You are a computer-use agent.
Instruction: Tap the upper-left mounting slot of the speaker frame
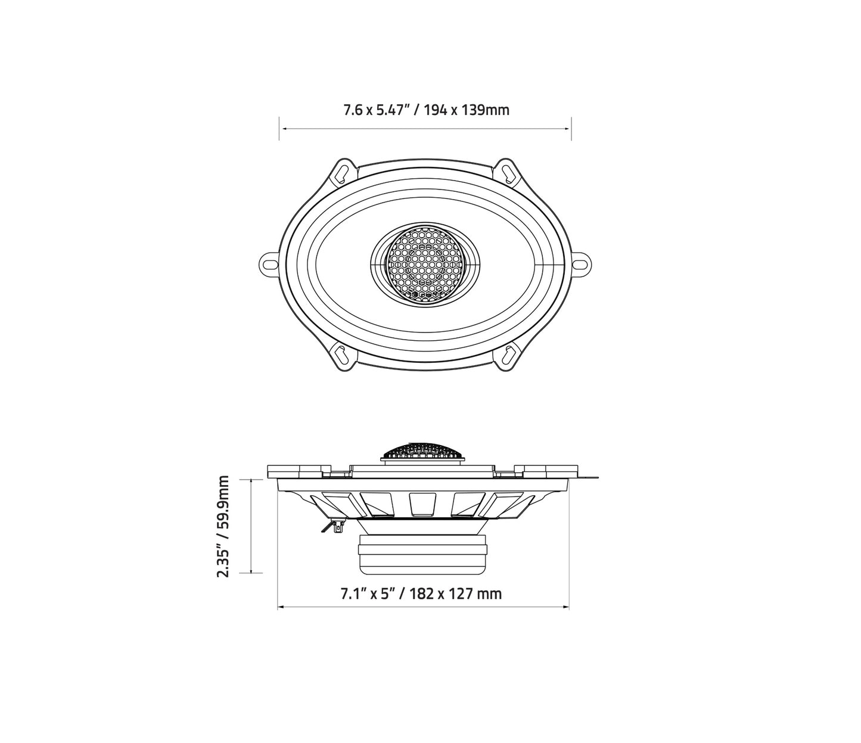coord(341,172)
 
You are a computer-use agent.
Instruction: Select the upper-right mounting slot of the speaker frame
coord(508,172)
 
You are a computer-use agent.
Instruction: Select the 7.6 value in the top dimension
coord(352,110)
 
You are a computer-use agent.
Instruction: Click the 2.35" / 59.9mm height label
coord(223,526)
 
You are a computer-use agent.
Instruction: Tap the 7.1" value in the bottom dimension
coord(352,594)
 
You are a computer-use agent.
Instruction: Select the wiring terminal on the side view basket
coord(334,526)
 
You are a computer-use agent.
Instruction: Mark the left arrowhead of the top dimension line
coord(282,129)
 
